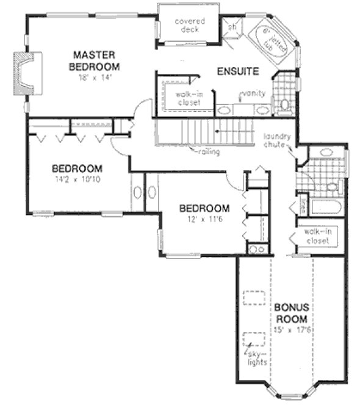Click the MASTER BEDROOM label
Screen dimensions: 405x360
coord(94,60)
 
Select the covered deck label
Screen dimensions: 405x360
coord(189,25)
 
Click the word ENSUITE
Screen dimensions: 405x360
coord(238,71)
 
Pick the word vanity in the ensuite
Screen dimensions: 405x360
coord(251,93)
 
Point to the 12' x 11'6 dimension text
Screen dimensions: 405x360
coord(204,219)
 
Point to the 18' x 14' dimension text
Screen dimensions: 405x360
coord(94,78)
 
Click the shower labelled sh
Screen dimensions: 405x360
coord(232,27)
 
